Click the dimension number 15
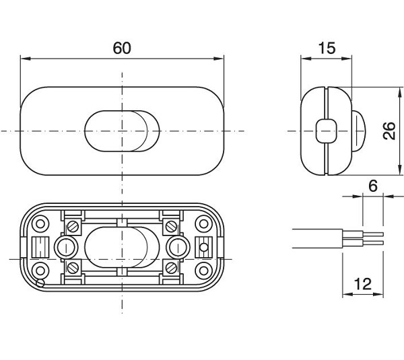(x=327, y=48)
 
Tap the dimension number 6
(x=373, y=186)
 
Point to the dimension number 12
(x=363, y=284)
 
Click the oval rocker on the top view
(x=122, y=129)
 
